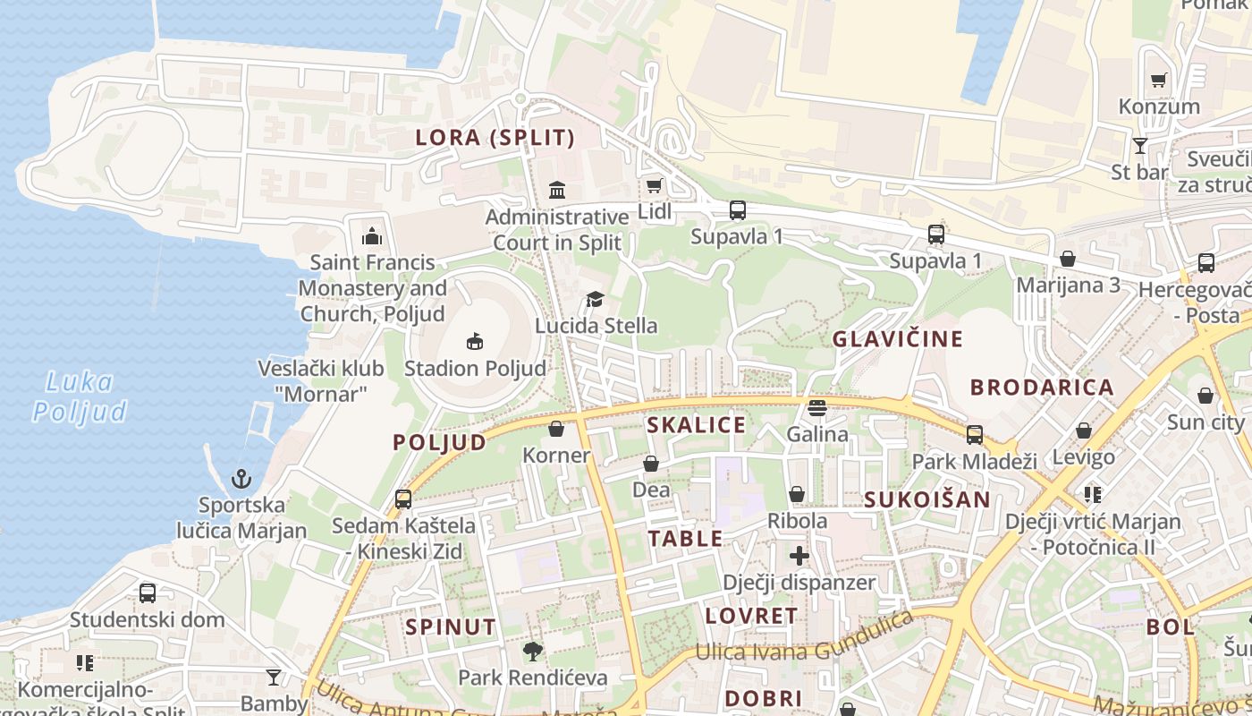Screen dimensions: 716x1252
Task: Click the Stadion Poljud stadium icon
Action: click(475, 341)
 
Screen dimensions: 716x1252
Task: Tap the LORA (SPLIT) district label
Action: click(495, 138)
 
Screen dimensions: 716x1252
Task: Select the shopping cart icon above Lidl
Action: click(655, 185)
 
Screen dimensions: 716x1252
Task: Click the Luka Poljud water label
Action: click(80, 396)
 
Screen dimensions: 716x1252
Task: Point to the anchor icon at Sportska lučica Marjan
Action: click(241, 479)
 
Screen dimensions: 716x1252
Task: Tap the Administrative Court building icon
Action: click(557, 190)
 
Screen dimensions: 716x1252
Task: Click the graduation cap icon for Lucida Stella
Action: click(596, 299)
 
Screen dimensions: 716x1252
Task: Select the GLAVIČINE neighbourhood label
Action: click(898, 339)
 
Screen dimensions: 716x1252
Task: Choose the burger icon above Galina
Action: click(817, 408)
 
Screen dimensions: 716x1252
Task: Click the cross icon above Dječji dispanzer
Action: click(799, 556)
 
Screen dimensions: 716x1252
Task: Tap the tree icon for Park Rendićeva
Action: click(533, 651)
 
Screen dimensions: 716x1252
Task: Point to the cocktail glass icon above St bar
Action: click(1140, 145)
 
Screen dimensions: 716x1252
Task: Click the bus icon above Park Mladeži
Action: click(975, 435)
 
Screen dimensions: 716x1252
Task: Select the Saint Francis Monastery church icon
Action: click(372, 236)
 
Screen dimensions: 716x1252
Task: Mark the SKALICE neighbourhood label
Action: click(696, 425)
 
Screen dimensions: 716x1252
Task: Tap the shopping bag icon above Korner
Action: click(556, 429)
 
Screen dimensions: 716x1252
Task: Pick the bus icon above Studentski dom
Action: click(148, 592)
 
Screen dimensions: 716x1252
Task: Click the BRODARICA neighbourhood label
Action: click(1042, 388)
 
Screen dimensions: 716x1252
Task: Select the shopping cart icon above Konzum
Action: click(1159, 80)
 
